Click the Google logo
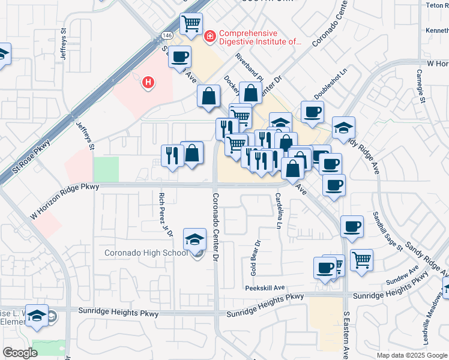pos(20,353)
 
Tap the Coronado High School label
pos(146,253)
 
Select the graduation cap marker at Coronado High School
pos(194,241)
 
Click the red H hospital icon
pos(147,82)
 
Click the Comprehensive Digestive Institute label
pos(259,38)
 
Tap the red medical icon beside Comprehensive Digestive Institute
pos(209,37)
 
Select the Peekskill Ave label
pos(265,288)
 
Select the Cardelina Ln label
pos(279,210)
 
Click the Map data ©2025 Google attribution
pos(411,355)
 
